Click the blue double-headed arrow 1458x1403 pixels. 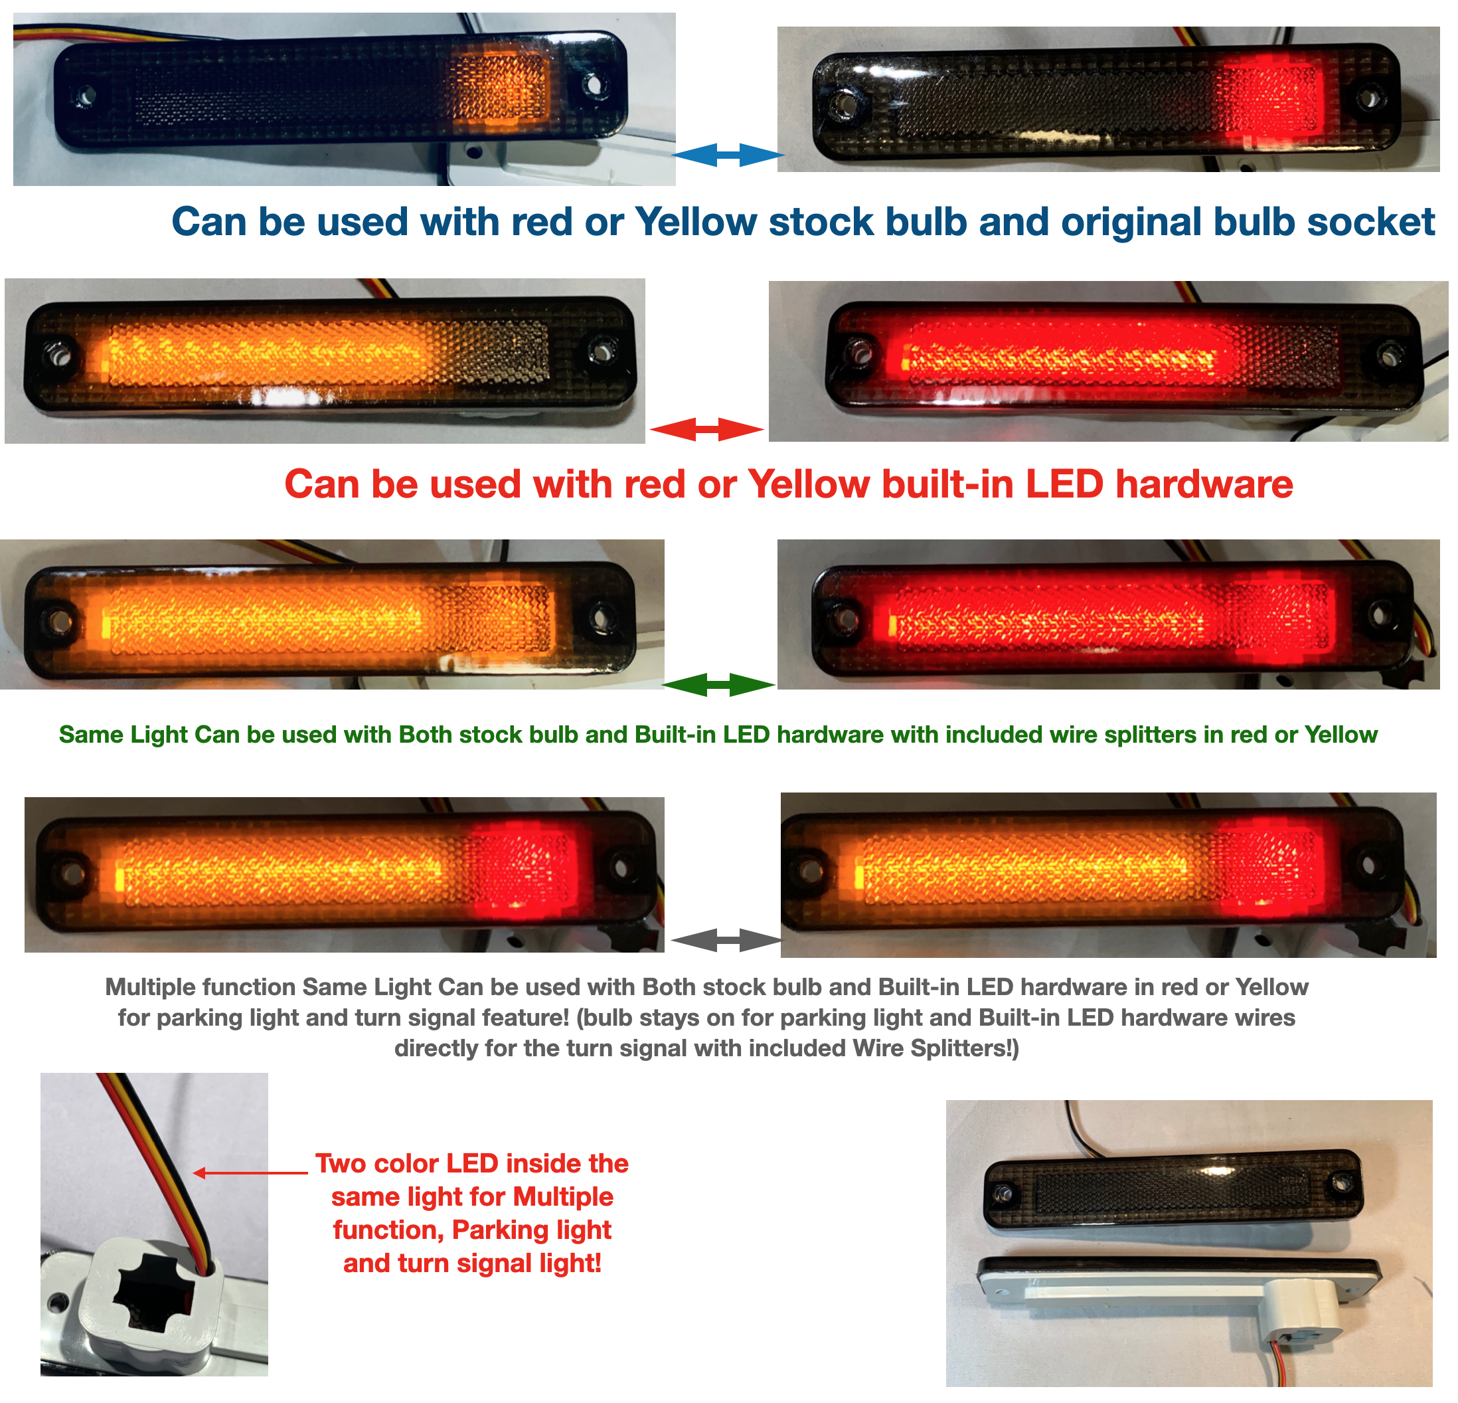click(x=728, y=155)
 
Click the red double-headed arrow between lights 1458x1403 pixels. click(x=706, y=429)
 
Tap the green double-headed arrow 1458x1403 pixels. click(x=718, y=685)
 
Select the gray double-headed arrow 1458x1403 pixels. click(x=726, y=940)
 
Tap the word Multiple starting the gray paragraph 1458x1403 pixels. click(x=153, y=987)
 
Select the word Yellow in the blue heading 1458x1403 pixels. click(x=696, y=222)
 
